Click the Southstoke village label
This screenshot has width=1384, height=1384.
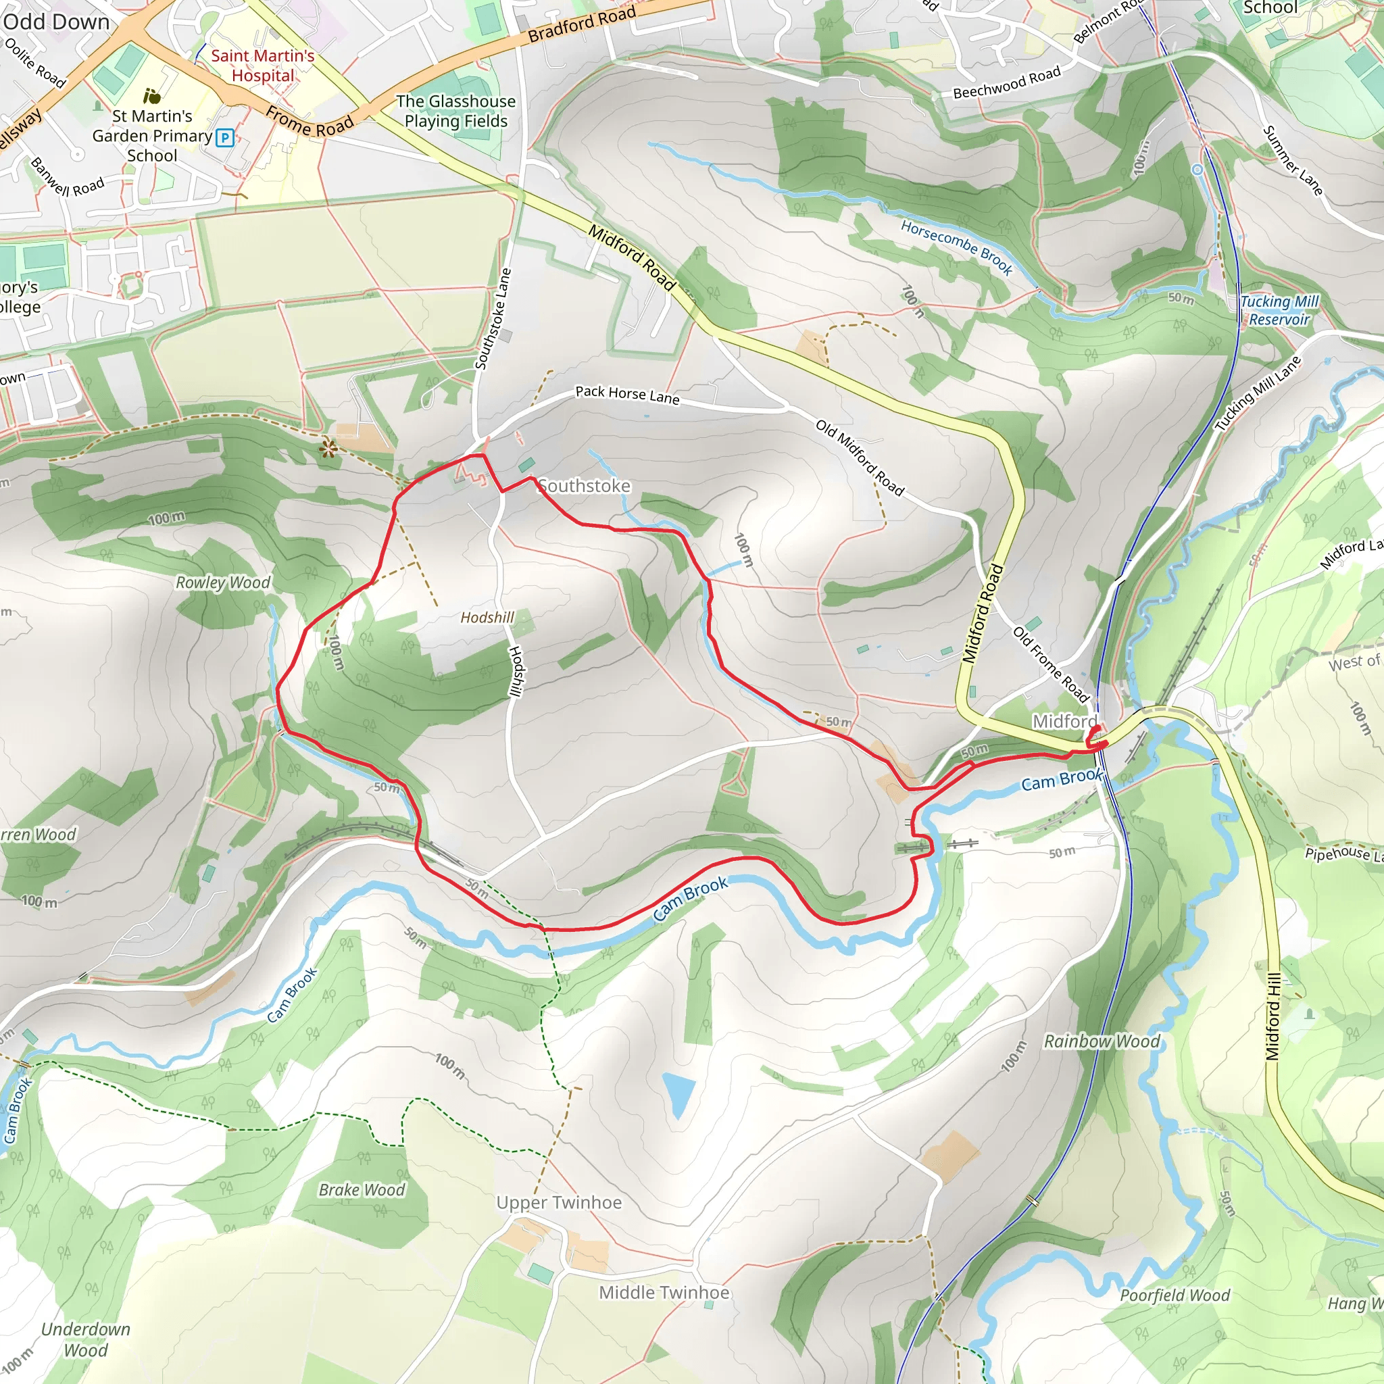point(585,486)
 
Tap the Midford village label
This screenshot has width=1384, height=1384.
point(1064,720)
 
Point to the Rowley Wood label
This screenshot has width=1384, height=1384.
point(223,583)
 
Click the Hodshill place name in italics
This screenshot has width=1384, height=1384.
point(487,617)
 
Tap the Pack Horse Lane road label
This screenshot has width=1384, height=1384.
point(627,394)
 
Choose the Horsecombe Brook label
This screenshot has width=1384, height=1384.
point(956,248)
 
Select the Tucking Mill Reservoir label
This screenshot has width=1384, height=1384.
point(1279,310)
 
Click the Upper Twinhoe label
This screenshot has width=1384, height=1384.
point(559,1202)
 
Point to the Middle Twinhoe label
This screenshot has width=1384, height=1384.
point(664,1292)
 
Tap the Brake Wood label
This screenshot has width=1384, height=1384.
point(362,1190)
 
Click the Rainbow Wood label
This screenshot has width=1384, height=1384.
point(1101,1041)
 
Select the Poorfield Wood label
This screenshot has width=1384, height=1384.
point(1174,1295)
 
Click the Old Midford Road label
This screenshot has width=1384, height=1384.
point(860,458)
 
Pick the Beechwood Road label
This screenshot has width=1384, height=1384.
point(1006,83)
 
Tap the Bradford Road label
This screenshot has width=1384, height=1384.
point(582,24)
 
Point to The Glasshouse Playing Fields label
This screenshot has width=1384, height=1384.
point(455,111)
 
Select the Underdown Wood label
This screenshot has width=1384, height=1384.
point(85,1339)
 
